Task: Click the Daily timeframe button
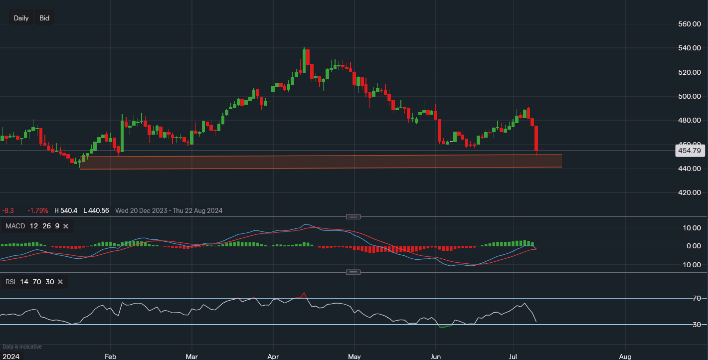tap(21, 18)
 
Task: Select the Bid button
tap(44, 18)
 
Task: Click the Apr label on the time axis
tap(273, 357)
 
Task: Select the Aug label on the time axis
tap(625, 357)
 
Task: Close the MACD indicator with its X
tap(66, 226)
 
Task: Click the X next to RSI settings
tap(60, 282)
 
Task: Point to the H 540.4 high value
tap(66, 211)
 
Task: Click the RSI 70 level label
tap(697, 298)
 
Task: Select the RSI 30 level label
tap(697, 325)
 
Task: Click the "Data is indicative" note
tap(22, 347)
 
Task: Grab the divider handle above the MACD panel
tap(354, 217)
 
